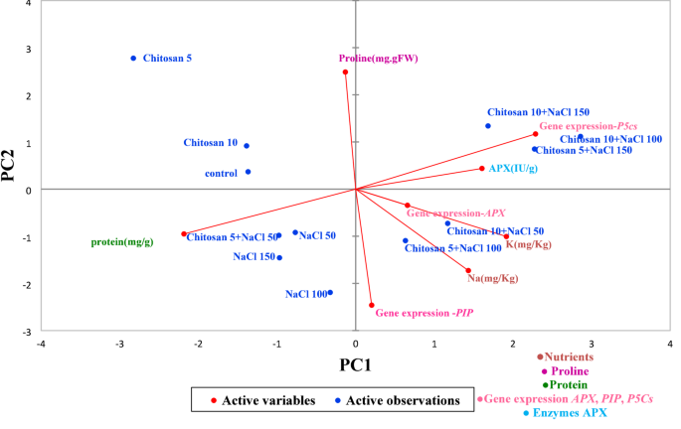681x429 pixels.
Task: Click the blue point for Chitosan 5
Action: [133, 58]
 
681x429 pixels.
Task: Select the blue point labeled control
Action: [248, 172]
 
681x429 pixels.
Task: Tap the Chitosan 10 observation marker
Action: [247, 146]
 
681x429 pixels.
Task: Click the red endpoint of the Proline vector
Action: [345, 71]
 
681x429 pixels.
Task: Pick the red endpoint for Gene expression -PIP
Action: [372, 306]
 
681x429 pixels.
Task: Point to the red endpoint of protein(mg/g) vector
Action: [184, 234]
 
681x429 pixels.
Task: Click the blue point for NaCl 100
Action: [330, 292]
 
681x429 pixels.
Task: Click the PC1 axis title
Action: [355, 364]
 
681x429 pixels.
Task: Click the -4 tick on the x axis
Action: [41, 345]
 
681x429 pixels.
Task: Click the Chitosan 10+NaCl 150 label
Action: [533, 112]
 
